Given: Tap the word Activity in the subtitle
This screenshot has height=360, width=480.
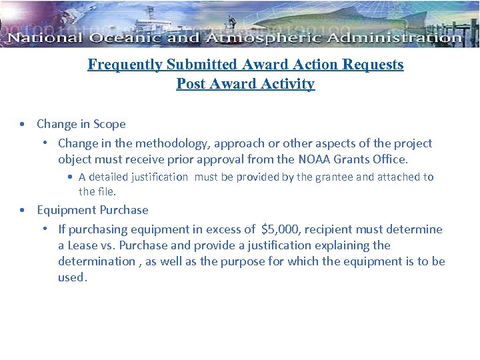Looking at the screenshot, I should click(289, 84).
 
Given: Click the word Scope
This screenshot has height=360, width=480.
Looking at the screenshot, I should click(109, 124).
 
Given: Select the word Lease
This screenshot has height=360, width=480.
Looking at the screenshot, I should click(83, 245).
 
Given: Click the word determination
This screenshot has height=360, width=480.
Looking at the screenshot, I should click(96, 261).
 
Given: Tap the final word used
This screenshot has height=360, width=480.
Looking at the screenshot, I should click(71, 277).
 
